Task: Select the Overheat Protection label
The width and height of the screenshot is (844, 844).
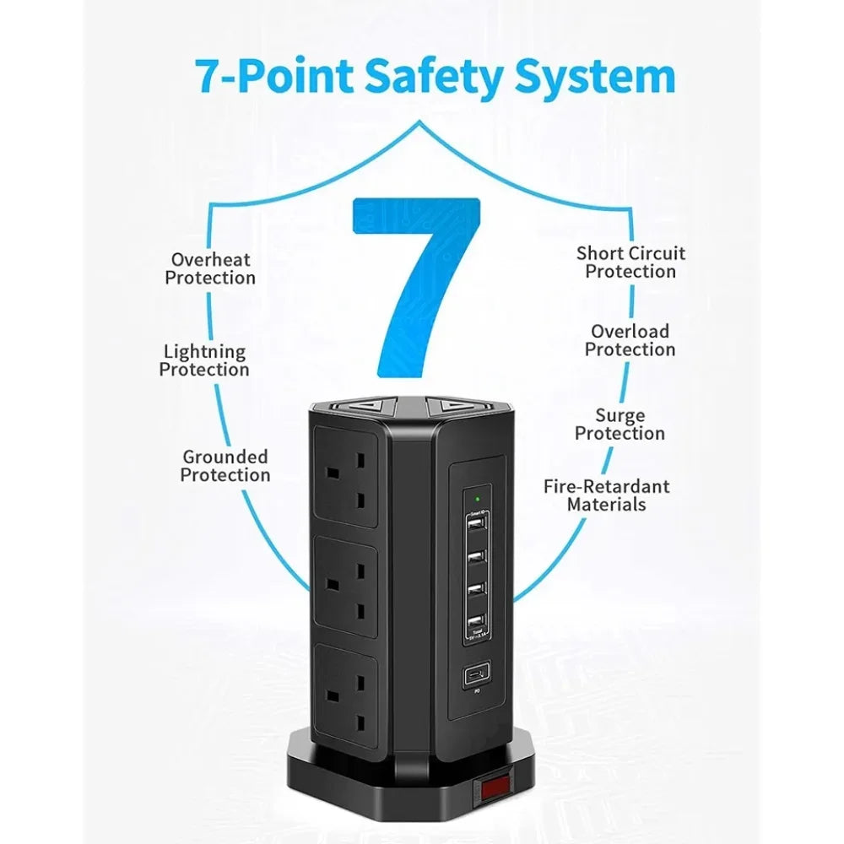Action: pyautogui.click(x=210, y=268)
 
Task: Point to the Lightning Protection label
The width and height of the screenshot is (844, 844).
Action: pyautogui.click(x=204, y=360)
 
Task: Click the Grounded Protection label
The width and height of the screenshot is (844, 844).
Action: pyautogui.click(x=225, y=466)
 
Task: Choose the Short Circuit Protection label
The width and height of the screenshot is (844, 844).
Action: pyautogui.click(x=630, y=262)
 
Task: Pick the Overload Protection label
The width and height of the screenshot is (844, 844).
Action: pyautogui.click(x=630, y=340)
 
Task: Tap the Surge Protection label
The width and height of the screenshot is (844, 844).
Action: pyautogui.click(x=619, y=425)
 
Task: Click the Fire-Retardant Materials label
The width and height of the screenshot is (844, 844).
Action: pyautogui.click(x=606, y=495)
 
